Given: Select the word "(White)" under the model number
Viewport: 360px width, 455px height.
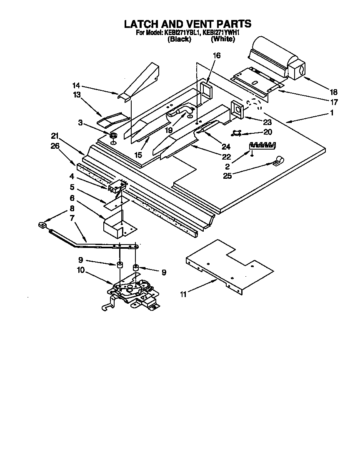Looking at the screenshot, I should tap(223, 40).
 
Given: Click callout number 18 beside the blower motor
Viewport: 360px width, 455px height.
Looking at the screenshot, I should tap(333, 92).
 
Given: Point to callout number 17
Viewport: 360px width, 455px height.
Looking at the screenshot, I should tap(334, 102).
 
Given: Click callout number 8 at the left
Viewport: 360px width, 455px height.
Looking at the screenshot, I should tap(72, 208).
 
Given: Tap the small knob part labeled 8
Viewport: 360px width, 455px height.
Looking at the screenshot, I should tap(41, 225).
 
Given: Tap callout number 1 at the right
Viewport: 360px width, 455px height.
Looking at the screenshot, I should tap(332, 112).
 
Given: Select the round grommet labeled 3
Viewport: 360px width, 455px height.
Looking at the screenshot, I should tap(112, 136).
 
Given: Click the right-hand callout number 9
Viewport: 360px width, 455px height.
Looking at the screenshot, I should tap(164, 272).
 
